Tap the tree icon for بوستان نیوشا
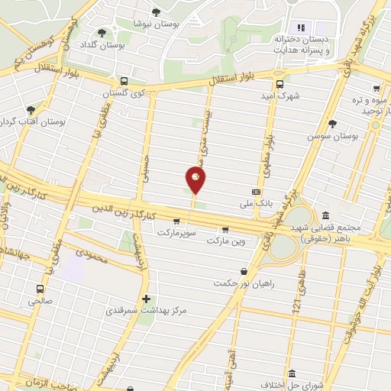157,11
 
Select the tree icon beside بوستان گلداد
102,33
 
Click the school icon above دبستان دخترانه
300,27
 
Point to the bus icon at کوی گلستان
123,82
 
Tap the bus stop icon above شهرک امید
279,84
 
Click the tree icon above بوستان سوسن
332,123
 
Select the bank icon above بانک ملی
256,191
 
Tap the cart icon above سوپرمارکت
177,220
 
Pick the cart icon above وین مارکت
225,229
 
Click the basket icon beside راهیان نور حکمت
244,271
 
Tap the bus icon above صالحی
40,289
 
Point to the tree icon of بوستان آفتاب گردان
31,110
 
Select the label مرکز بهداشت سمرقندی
145,311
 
